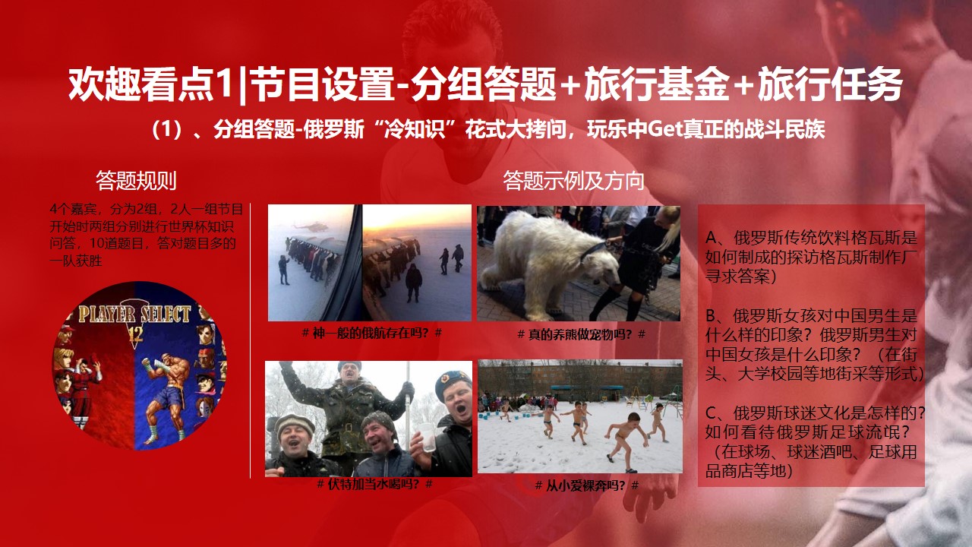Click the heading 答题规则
pos(136,181)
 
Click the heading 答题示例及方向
pos(573,181)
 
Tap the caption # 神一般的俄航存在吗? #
pos(372,333)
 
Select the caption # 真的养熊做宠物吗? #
pos(582,334)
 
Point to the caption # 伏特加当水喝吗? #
pos(374,484)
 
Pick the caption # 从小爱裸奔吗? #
pos(587,485)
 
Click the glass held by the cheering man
pos(428,437)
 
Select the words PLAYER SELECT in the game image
pos(134,314)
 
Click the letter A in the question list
pos(712,238)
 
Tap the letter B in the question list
pos(712,315)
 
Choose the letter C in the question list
pos(712,413)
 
